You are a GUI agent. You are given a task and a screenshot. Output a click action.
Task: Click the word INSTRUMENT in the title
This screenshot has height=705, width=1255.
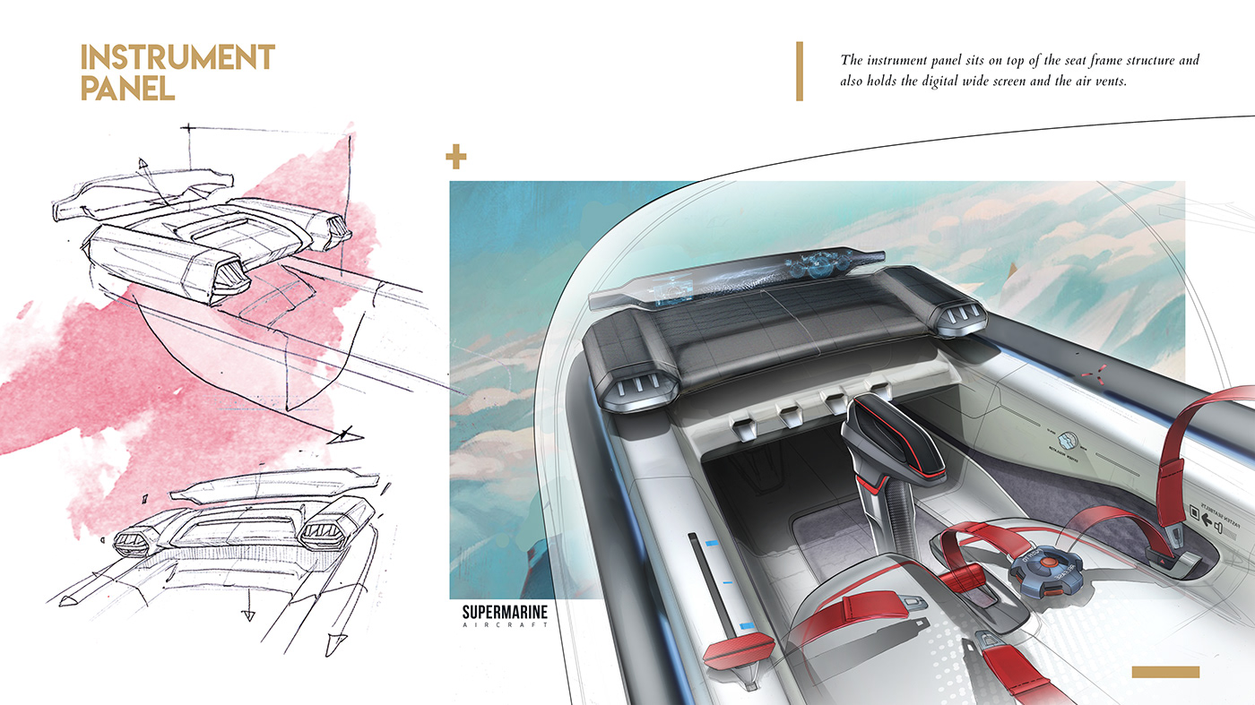(x=177, y=58)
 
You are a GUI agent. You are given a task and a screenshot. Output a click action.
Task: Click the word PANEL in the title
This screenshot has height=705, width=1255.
(x=127, y=88)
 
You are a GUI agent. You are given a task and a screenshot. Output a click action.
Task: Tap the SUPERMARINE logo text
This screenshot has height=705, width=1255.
(x=505, y=614)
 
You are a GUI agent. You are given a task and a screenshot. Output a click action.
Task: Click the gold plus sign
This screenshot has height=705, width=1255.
(x=456, y=159)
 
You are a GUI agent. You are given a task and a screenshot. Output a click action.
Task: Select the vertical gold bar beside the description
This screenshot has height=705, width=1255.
(x=799, y=71)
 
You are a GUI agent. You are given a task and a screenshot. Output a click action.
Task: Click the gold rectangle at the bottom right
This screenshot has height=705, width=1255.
(x=1165, y=672)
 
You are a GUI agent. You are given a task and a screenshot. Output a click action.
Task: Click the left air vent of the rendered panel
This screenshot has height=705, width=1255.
(x=636, y=388)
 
